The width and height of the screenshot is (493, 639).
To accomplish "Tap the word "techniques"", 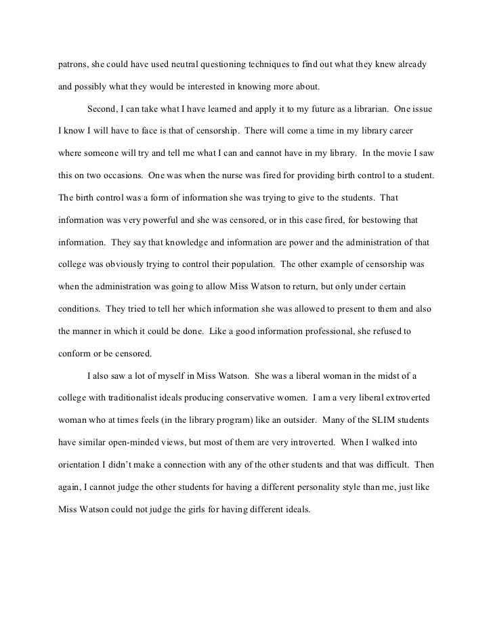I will tap(277, 65).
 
